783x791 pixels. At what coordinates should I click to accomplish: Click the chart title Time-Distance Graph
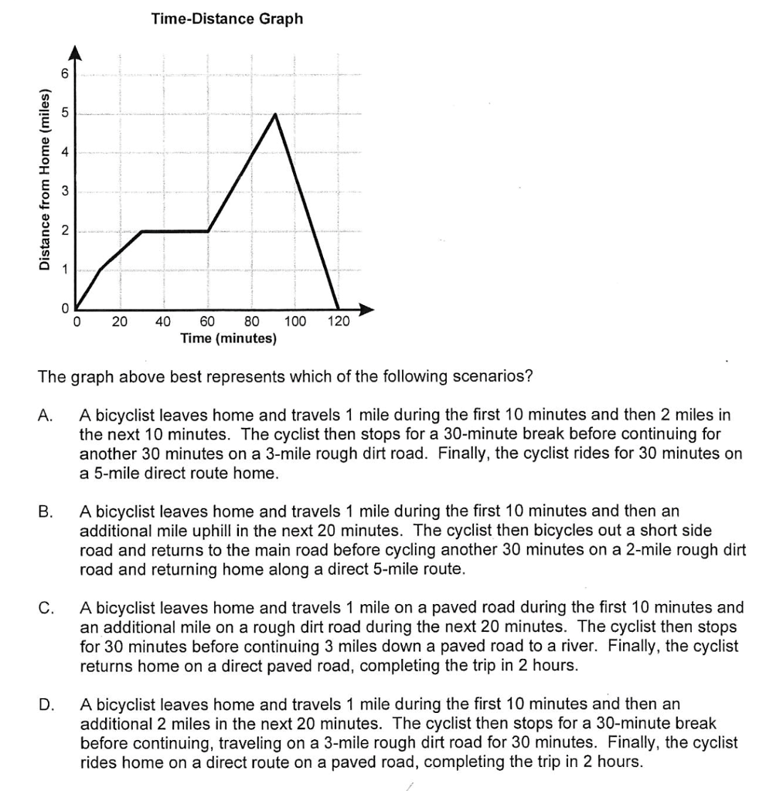(x=227, y=19)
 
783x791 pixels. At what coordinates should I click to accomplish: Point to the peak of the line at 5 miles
(x=274, y=114)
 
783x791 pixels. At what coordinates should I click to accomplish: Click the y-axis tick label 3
(x=66, y=191)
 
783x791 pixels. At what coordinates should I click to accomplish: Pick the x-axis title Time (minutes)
(x=228, y=338)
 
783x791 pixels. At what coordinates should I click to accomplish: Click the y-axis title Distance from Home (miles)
(x=46, y=181)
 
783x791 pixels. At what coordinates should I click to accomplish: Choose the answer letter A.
(x=45, y=416)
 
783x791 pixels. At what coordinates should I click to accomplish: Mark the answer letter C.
(x=45, y=608)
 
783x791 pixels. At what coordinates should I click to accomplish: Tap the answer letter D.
(x=45, y=704)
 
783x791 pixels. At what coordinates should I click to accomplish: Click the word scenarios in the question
(x=493, y=378)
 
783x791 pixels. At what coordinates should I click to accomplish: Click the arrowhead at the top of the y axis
(x=76, y=52)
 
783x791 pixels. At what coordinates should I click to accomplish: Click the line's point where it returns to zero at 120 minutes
(x=339, y=309)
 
